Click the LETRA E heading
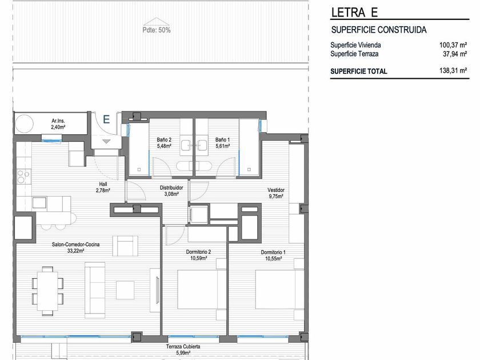coord(354,13)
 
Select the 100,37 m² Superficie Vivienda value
coord(453,45)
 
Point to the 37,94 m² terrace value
coord(455,54)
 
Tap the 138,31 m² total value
coord(453,71)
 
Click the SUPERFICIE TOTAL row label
coord(359,71)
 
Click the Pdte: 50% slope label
coord(157,30)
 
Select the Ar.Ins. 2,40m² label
coord(58,124)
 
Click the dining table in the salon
coord(47,291)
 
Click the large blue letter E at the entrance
coord(106,119)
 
